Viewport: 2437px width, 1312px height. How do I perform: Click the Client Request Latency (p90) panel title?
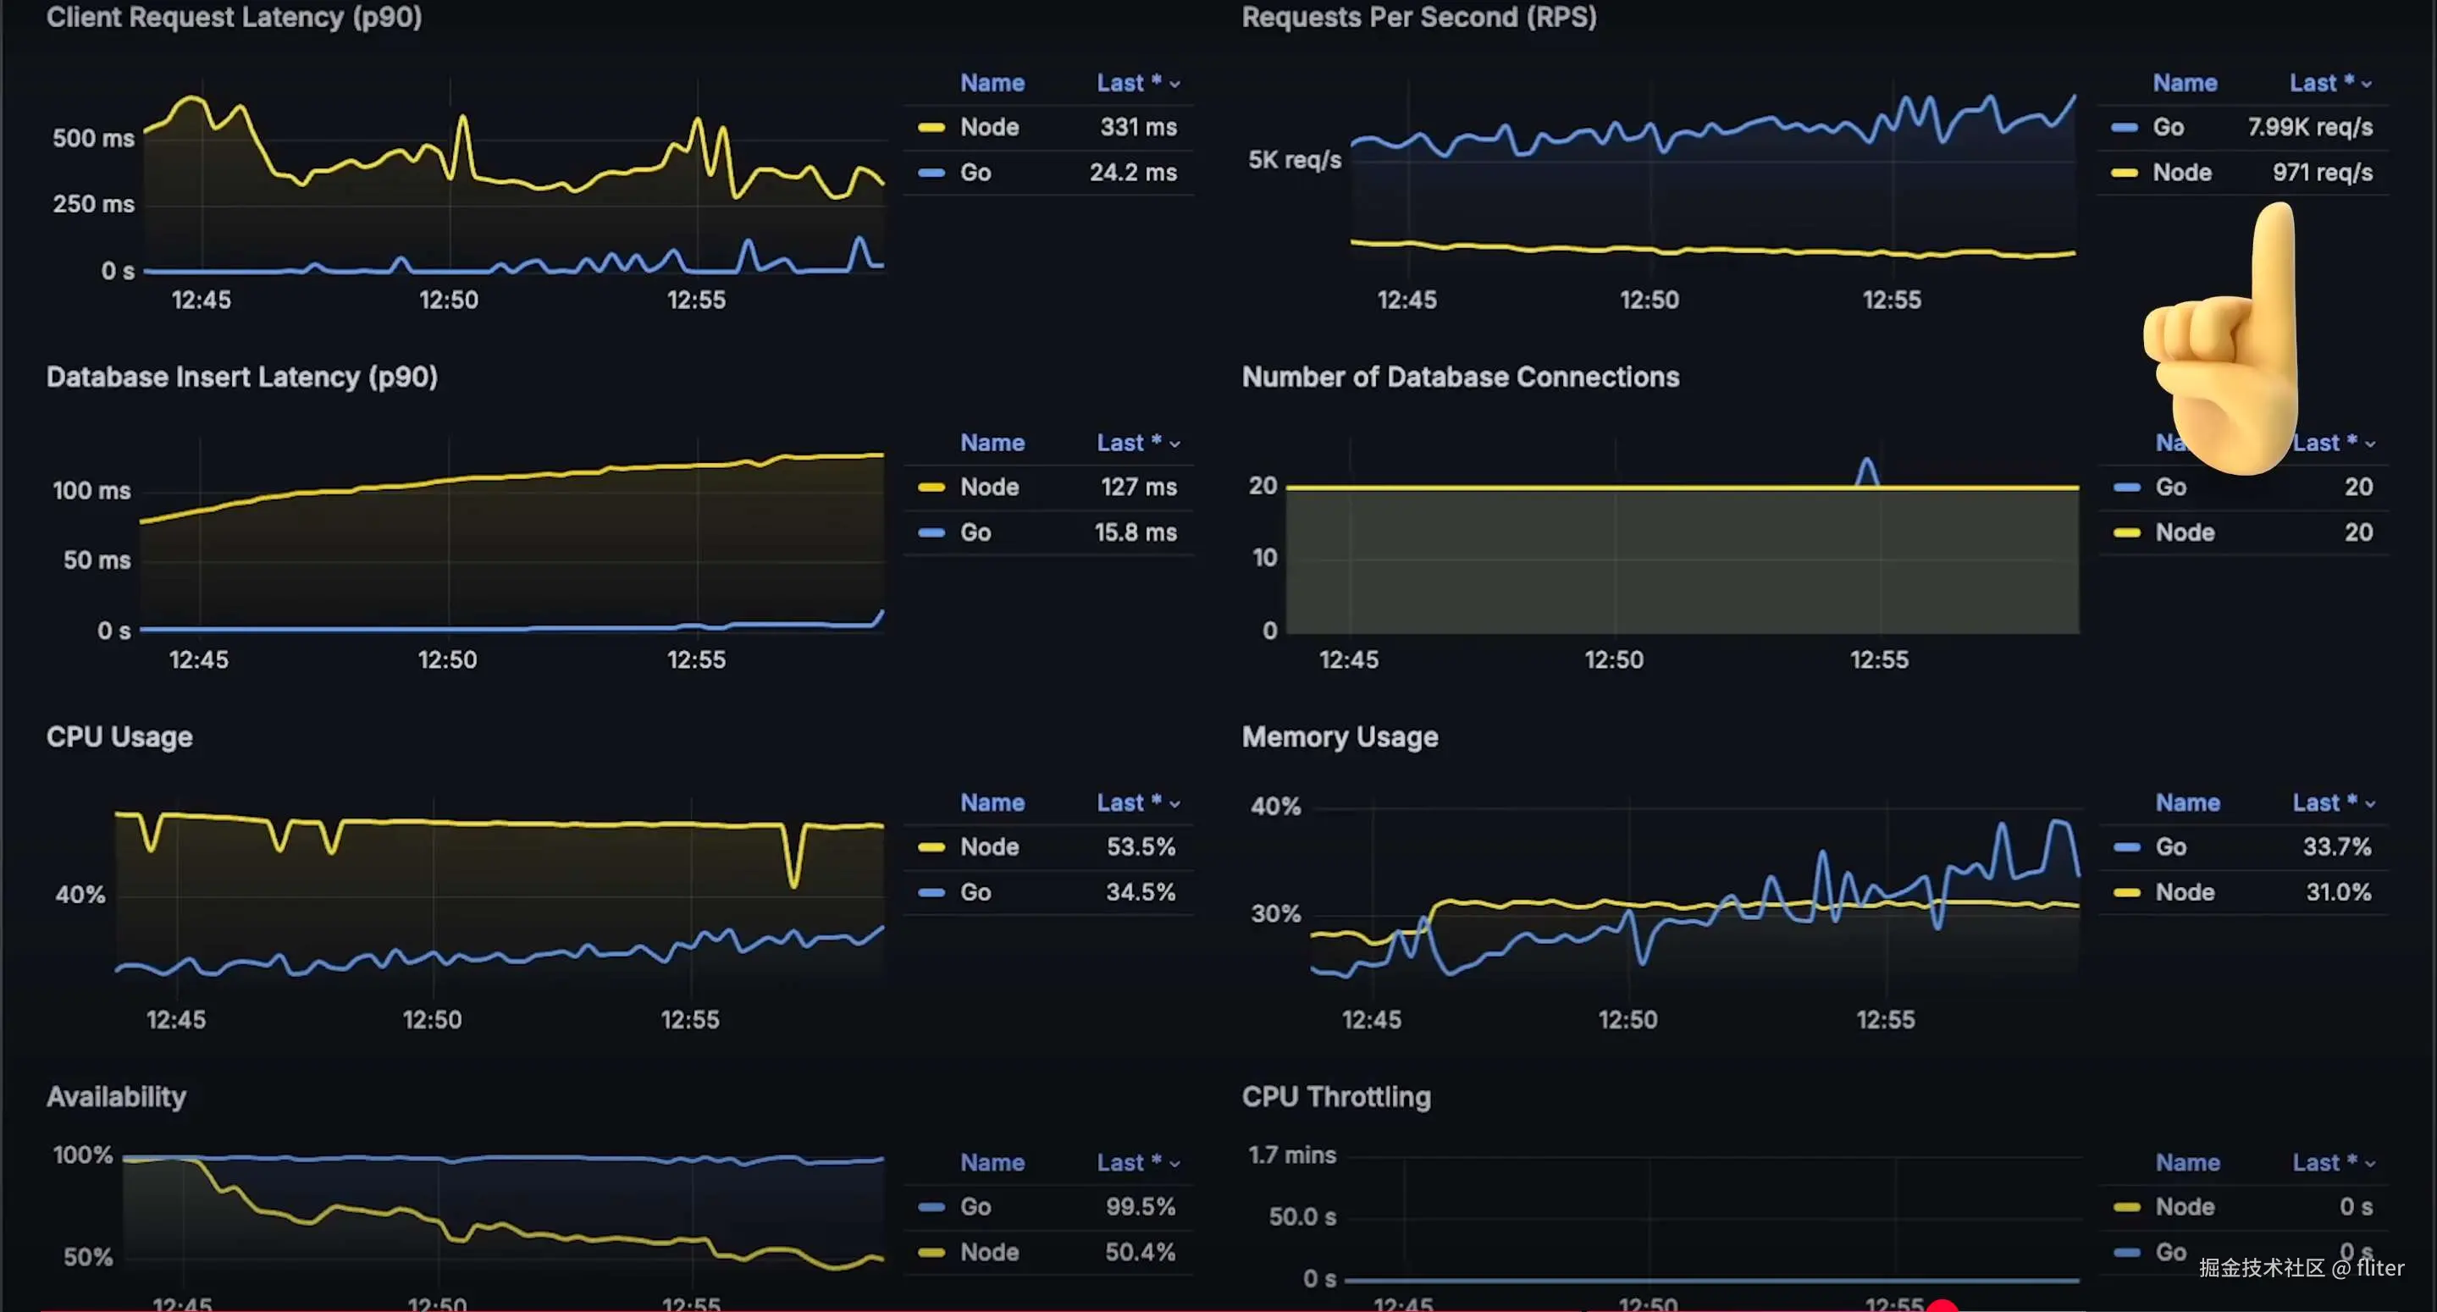point(234,17)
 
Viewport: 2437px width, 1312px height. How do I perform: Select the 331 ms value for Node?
point(1138,127)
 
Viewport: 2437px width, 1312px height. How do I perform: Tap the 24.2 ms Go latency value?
point(1132,172)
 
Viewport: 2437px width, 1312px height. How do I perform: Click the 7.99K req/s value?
point(2309,127)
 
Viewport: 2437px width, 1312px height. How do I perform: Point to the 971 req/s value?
point(2322,172)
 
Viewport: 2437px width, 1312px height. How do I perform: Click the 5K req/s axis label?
point(1293,160)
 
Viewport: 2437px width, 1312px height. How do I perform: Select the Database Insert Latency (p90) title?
point(241,377)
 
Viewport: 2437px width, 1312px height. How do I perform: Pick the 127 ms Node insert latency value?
point(1138,488)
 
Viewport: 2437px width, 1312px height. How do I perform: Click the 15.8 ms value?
point(1136,532)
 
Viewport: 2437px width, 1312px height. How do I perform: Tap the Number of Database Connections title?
point(1460,377)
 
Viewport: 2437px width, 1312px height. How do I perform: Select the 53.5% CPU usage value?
point(1140,846)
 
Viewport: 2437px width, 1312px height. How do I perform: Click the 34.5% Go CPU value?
point(1140,892)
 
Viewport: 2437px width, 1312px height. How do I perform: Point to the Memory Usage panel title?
point(1339,737)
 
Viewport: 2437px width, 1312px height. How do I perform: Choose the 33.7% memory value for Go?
point(2335,846)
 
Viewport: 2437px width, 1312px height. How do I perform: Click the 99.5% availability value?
point(1140,1207)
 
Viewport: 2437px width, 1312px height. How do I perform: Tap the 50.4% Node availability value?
point(1140,1253)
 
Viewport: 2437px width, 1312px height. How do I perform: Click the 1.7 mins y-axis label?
point(1291,1155)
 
